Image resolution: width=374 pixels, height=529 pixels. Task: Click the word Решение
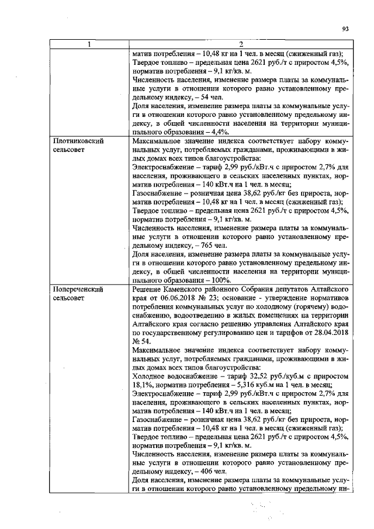click(151, 289)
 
